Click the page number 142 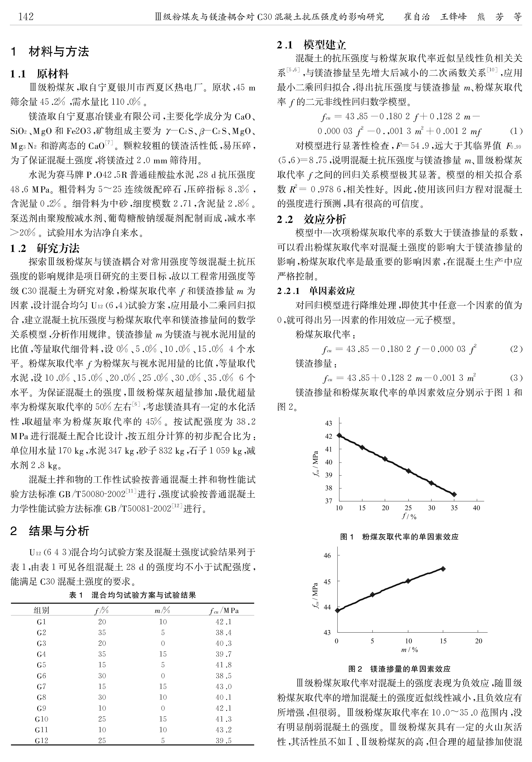point(26,16)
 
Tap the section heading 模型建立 point(325,45)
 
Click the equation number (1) point(516,131)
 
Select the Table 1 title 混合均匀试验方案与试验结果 point(133,595)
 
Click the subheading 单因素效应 point(332,291)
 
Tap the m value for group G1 point(163,622)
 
